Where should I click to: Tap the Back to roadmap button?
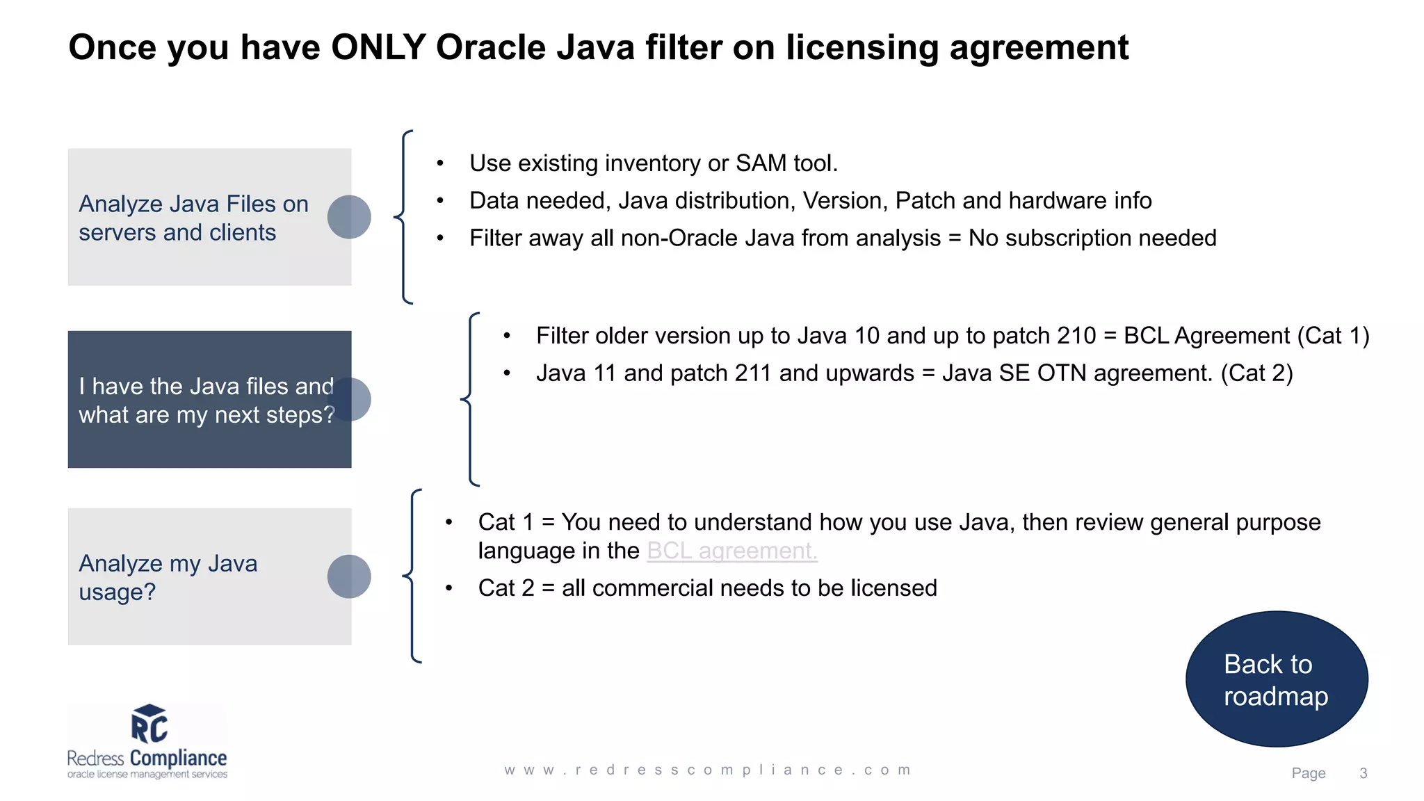(x=1277, y=679)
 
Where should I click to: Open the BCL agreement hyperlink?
(x=731, y=551)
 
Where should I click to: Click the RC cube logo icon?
(x=149, y=724)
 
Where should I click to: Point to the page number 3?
(x=1363, y=773)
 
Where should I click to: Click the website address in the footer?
(x=708, y=770)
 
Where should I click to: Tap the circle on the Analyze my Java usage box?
(x=349, y=576)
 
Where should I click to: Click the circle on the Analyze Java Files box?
(x=349, y=217)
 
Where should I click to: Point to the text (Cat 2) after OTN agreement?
(x=1256, y=373)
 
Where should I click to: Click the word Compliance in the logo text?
(x=178, y=758)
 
